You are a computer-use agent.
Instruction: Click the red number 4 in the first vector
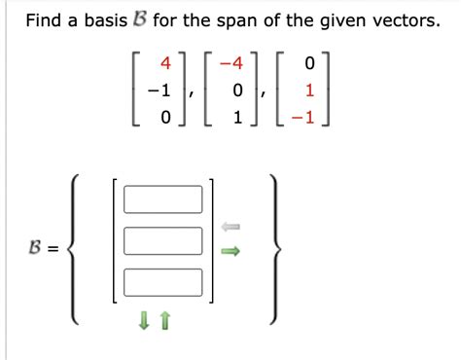point(165,64)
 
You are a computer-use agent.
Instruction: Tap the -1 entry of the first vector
point(160,91)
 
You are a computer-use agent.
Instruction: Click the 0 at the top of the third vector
point(310,64)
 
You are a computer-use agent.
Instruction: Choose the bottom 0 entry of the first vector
point(165,119)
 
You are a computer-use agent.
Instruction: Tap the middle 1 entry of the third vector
point(310,91)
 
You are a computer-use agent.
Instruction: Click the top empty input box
point(162,199)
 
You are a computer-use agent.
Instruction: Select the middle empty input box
point(162,239)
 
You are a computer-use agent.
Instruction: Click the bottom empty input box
point(162,281)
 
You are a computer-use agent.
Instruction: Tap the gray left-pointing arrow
point(230,228)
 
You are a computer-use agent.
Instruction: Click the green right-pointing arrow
point(230,252)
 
